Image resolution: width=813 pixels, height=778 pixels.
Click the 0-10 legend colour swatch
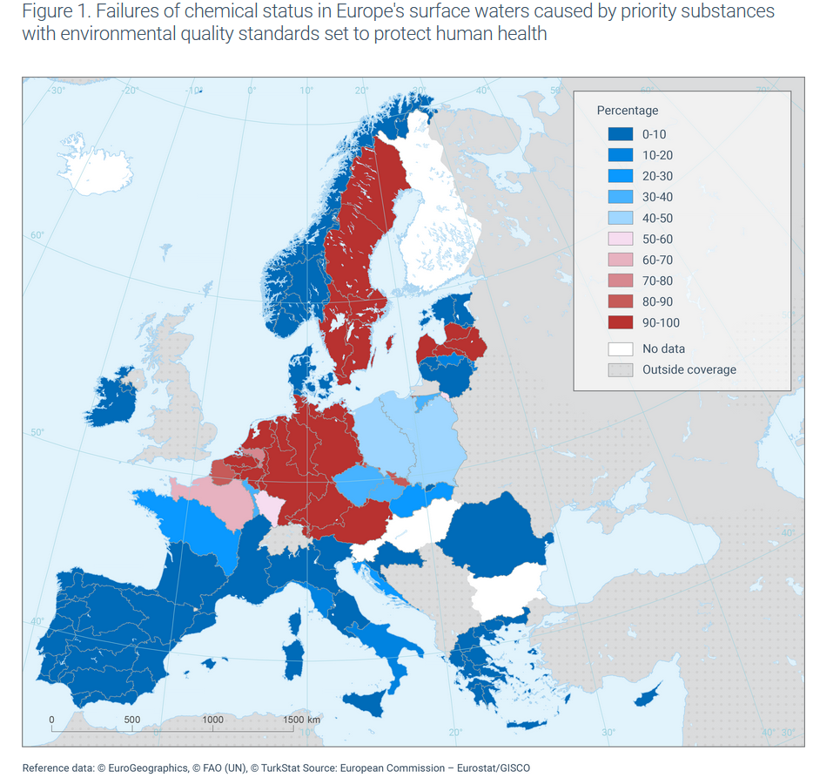pyautogui.click(x=620, y=134)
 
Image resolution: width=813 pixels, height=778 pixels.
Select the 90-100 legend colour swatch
pyautogui.click(x=620, y=322)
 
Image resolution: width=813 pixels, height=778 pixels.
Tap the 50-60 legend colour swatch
pyautogui.click(x=620, y=239)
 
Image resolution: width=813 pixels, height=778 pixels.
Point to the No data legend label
pyautogui.click(x=663, y=348)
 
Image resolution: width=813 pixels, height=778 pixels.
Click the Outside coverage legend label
pyautogui.click(x=689, y=369)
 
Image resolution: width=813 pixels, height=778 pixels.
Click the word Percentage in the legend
pyautogui.click(x=627, y=111)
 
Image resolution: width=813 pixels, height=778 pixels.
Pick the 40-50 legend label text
pyautogui.click(x=657, y=218)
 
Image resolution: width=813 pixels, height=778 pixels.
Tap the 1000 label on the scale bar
pyautogui.click(x=212, y=720)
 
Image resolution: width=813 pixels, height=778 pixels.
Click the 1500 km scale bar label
pyautogui.click(x=301, y=720)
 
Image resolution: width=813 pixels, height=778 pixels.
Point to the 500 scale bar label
pyautogui.click(x=132, y=720)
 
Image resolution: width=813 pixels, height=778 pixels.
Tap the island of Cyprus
pyautogui.click(x=648, y=695)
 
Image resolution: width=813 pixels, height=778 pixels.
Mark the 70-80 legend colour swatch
pyautogui.click(x=620, y=281)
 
